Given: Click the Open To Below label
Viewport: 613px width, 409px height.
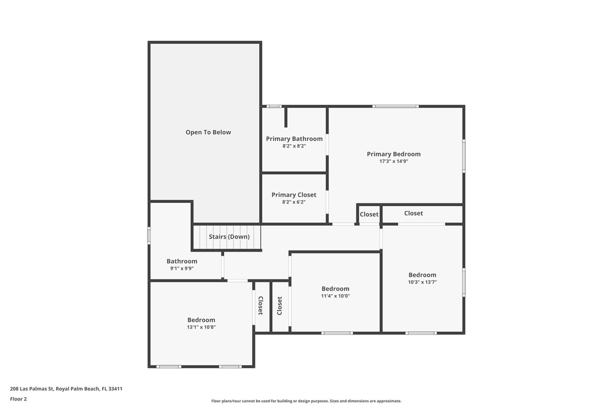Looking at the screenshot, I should [208, 132].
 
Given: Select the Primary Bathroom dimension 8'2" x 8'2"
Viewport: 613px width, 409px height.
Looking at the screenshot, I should [294, 146].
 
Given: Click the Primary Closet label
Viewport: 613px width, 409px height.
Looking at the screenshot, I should [294, 195].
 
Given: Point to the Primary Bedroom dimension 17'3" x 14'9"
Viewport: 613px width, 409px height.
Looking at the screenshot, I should [394, 161].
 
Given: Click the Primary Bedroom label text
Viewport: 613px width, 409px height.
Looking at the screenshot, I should [394, 154].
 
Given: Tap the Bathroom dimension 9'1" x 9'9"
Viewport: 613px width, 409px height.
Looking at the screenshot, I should [182, 269].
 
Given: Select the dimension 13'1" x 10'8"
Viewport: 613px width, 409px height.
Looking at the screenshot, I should [201, 327].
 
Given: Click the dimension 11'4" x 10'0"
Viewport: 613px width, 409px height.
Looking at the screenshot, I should [335, 296].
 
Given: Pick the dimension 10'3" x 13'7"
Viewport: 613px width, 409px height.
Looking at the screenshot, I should [422, 282].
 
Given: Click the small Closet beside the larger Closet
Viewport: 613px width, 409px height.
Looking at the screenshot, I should [369, 214].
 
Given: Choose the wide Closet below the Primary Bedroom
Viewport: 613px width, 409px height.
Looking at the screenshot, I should [413, 213].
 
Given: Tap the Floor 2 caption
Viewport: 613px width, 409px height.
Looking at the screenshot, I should [18, 399].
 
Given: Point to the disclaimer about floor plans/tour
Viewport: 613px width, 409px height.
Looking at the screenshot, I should [306, 401].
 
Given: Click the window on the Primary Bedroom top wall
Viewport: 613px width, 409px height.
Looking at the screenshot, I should [396, 106].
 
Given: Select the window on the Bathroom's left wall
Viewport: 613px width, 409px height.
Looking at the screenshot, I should [149, 236].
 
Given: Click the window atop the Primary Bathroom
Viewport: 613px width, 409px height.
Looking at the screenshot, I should [274, 106].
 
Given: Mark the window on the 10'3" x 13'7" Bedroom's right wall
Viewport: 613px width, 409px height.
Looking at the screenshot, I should [464, 282].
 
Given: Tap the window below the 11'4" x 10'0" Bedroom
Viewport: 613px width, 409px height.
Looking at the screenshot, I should [337, 333].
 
